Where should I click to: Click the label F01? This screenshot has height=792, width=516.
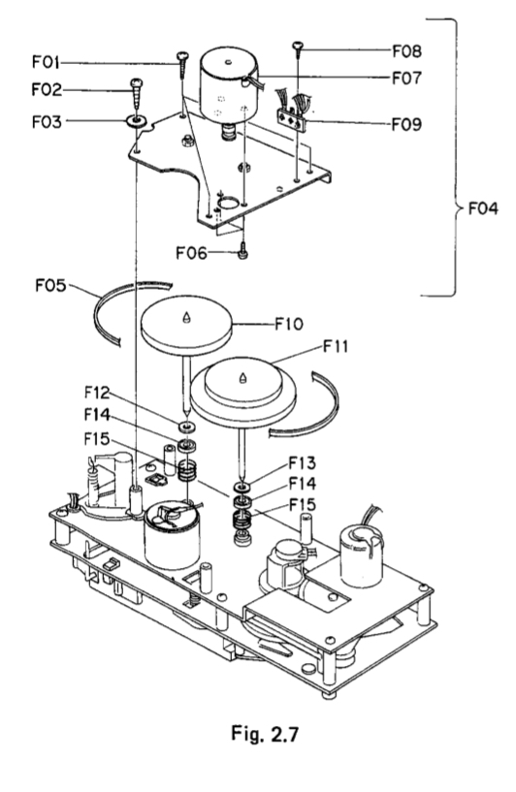[x=46, y=62]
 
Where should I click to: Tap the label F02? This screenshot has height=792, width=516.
[x=47, y=89]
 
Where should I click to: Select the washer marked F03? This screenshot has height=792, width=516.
[x=136, y=121]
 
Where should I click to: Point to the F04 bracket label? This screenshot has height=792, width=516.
[x=483, y=208]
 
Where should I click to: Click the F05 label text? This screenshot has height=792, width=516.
[x=50, y=285]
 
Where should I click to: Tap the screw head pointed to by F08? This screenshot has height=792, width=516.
[x=297, y=46]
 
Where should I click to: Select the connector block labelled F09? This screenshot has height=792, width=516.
[x=292, y=119]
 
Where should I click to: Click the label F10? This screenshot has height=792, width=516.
[x=289, y=323]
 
